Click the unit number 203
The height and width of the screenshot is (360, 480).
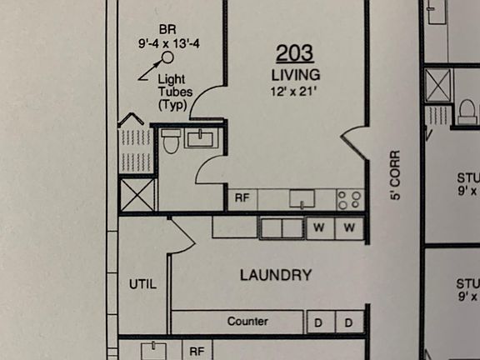click(x=294, y=53)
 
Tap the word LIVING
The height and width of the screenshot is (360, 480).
click(x=294, y=75)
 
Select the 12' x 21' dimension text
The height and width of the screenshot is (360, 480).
click(x=294, y=90)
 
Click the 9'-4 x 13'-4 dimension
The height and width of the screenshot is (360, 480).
click(x=169, y=43)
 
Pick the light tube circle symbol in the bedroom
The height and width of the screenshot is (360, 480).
click(x=167, y=57)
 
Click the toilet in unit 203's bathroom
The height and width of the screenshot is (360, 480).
click(x=171, y=142)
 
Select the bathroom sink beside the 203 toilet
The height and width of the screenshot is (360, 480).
click(x=201, y=138)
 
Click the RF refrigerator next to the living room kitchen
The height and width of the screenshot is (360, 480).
click(x=242, y=199)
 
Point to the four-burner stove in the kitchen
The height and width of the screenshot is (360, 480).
click(x=350, y=199)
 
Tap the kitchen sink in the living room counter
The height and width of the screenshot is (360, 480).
click(x=302, y=199)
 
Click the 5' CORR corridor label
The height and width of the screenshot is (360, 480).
click(x=395, y=175)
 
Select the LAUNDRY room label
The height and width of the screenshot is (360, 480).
click(x=276, y=275)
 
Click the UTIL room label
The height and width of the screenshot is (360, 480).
click(x=142, y=284)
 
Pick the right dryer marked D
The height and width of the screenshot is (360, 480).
click(x=350, y=322)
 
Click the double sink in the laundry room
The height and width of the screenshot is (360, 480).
click(x=281, y=227)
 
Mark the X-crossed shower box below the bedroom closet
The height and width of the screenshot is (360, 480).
click(x=136, y=194)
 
